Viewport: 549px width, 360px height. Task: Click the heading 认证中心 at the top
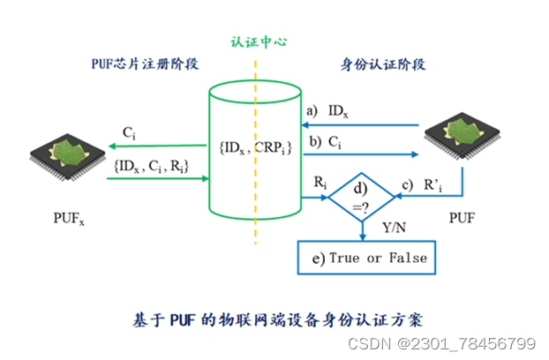(x=256, y=41)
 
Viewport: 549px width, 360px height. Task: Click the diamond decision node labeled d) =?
(x=362, y=198)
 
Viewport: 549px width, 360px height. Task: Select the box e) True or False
(x=365, y=258)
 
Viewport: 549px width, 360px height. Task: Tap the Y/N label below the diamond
(x=388, y=229)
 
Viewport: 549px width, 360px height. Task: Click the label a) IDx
(x=326, y=111)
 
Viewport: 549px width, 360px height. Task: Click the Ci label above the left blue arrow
(x=130, y=133)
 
